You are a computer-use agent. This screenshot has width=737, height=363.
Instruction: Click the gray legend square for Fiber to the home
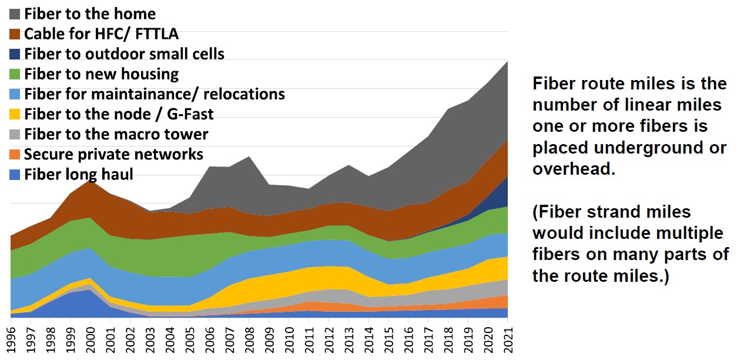[15, 14]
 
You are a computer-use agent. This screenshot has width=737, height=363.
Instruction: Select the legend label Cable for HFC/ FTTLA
[101, 34]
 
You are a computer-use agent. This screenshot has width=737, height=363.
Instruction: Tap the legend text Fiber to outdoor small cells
[124, 54]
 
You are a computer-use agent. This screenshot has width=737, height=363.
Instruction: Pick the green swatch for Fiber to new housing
[15, 74]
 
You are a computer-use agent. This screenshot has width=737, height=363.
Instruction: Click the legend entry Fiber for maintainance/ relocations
[154, 94]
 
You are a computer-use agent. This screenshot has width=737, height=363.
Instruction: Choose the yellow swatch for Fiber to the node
[15, 114]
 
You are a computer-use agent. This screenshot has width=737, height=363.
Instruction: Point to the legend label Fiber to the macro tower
[116, 134]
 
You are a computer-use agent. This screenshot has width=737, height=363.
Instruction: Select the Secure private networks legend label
[113, 154]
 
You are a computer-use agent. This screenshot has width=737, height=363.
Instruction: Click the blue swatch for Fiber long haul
[15, 175]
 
